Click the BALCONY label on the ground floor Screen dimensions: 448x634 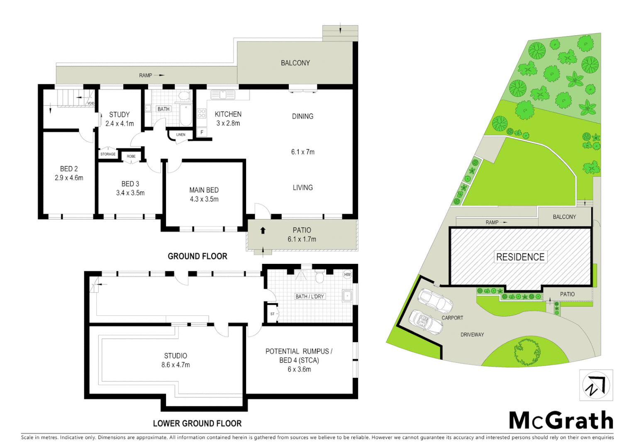click(295, 63)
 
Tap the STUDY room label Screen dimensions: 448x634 click(119, 114)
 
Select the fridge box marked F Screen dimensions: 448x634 click(202, 132)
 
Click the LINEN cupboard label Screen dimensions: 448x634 click(181, 134)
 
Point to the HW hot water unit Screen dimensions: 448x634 click(347, 275)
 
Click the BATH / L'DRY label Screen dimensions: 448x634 click(310, 297)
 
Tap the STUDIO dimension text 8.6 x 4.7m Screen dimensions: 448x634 click(176, 365)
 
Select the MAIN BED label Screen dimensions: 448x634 click(204, 190)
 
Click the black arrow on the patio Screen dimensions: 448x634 click(263, 230)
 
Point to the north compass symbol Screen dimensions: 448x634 click(596, 385)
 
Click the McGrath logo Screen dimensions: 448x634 click(561, 421)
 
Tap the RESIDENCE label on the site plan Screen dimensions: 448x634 click(520, 257)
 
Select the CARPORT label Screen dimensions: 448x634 click(452, 318)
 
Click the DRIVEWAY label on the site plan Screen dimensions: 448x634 click(472, 335)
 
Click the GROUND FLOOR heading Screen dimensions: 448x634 click(198, 256)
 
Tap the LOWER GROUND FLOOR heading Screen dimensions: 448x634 click(197, 424)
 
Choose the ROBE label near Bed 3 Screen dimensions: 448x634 click(131, 156)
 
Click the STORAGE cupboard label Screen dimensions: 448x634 click(108, 154)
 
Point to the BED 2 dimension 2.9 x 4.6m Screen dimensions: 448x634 click(69, 178)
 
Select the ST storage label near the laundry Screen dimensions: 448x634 click(272, 314)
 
